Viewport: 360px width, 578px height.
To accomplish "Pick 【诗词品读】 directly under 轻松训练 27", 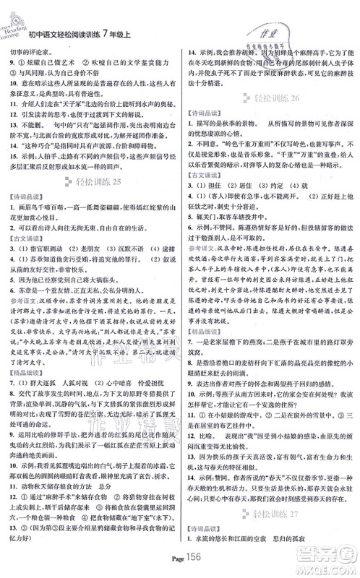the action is tap(205, 532).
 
